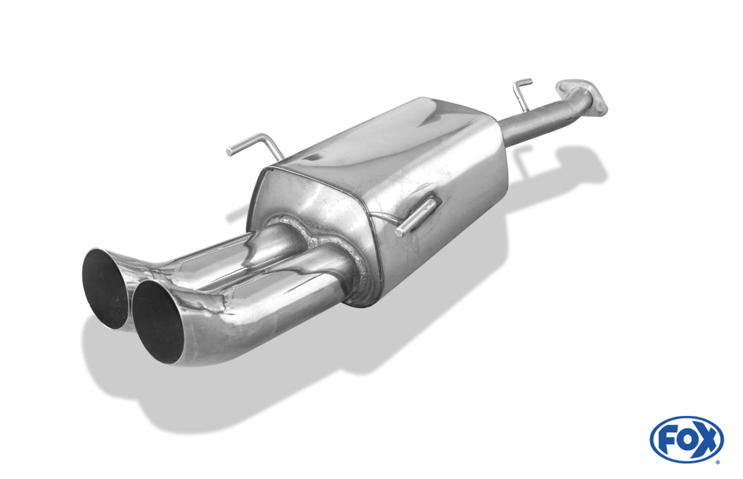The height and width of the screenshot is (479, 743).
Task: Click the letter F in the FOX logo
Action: [666, 440]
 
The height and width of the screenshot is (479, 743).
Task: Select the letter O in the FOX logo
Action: [686, 440]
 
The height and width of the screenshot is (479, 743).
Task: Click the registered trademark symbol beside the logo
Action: [718, 461]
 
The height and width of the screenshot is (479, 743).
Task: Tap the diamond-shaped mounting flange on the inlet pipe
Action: [583, 97]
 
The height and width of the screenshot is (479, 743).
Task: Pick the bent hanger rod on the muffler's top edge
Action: [256, 144]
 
